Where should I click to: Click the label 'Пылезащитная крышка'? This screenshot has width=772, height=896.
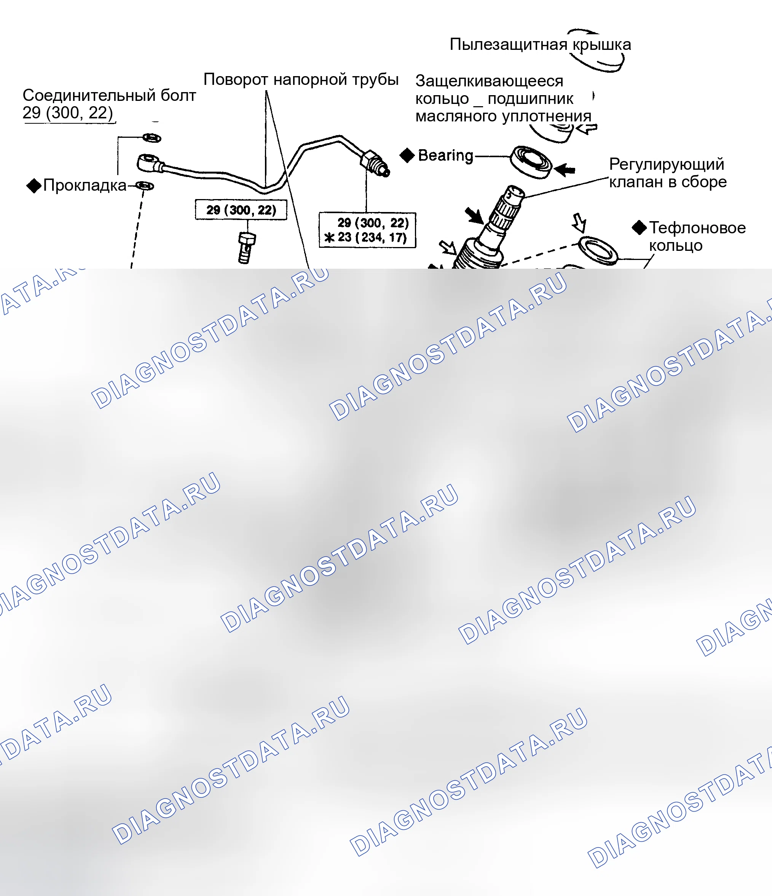point(540,45)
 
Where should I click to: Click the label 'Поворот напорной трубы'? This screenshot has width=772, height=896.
point(301,80)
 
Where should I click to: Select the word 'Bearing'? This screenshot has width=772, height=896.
point(445,155)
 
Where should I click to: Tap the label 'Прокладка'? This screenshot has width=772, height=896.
point(85,185)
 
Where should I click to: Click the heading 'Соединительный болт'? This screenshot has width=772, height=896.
point(109,95)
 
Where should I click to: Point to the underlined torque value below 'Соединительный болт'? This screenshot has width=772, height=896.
point(68,113)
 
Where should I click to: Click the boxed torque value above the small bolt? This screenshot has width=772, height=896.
point(241,210)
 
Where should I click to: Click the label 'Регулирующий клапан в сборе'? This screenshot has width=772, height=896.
point(668,173)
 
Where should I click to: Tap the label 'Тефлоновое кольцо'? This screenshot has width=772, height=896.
point(697,236)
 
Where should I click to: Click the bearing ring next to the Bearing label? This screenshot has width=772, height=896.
point(531,162)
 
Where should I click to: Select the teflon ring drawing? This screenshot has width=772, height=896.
point(598,250)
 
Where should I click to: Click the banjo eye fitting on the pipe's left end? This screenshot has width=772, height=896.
point(148,163)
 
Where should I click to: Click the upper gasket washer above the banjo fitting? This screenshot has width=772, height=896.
point(152,138)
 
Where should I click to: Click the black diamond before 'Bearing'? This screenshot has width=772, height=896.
point(407,155)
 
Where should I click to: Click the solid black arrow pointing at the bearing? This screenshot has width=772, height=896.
point(565,169)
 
